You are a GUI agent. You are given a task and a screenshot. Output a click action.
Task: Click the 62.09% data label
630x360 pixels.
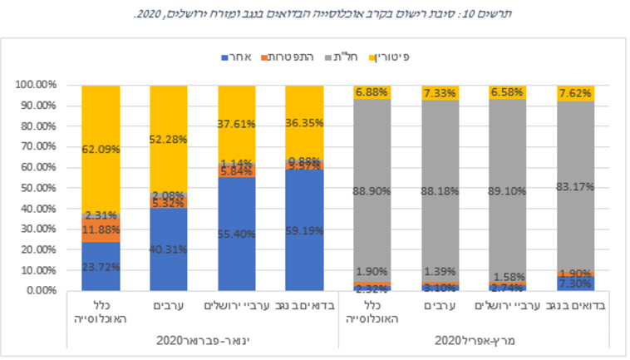pyautogui.click(x=100, y=150)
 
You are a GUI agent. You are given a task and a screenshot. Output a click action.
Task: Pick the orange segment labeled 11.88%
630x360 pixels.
pyautogui.click(x=100, y=229)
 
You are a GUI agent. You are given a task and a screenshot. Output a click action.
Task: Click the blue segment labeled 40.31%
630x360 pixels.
pyautogui.click(x=169, y=249)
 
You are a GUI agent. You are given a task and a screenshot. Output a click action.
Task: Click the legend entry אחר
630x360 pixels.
pyautogui.click(x=242, y=57)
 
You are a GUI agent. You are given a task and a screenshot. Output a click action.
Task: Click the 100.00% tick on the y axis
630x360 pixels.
pyautogui.click(x=35, y=85)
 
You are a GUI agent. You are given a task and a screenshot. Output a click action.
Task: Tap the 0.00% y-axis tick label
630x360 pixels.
pyautogui.click(x=39, y=290)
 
